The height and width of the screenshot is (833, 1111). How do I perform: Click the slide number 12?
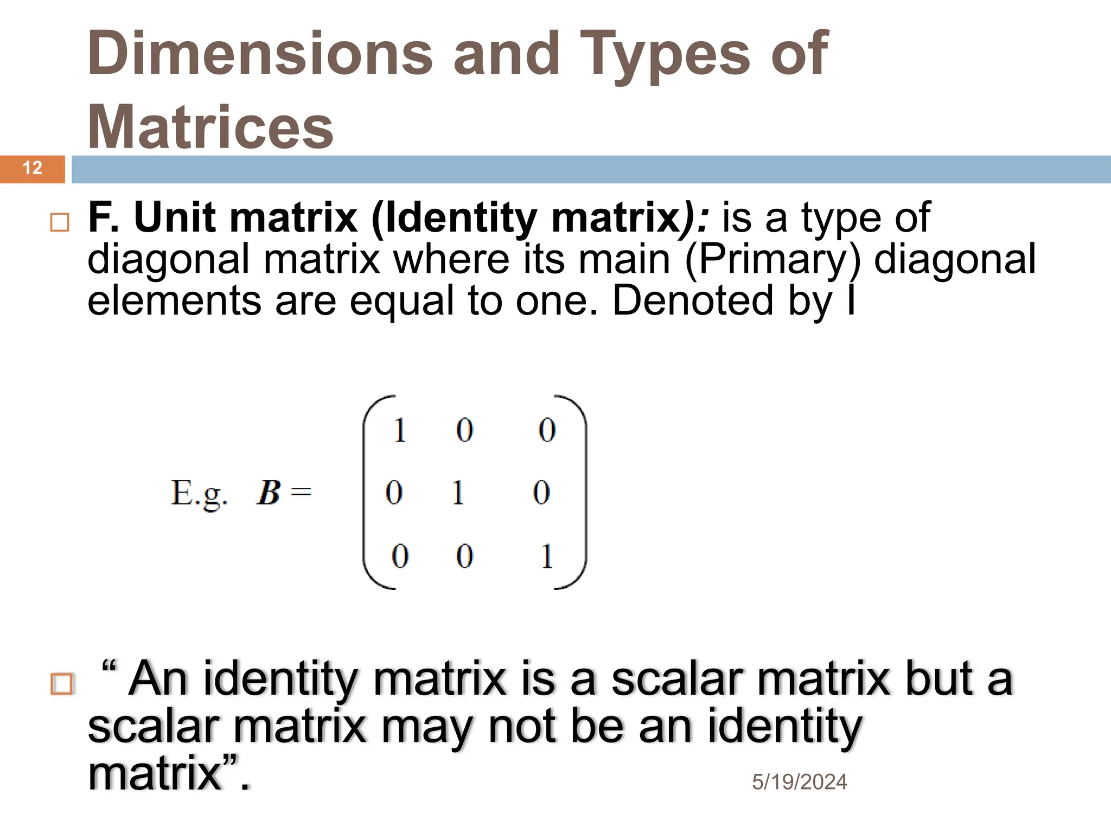[x=33, y=168]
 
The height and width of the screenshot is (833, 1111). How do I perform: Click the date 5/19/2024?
[x=799, y=782]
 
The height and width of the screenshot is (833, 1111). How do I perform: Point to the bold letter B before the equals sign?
[x=269, y=492]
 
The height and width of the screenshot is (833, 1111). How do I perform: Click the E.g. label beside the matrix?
[x=199, y=494]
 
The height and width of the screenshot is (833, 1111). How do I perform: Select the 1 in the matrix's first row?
[x=400, y=431]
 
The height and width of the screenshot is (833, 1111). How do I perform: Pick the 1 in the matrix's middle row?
[x=458, y=493]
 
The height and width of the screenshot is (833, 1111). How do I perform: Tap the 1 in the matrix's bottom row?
[x=547, y=556]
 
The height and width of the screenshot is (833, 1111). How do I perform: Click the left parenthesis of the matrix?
[x=371, y=492]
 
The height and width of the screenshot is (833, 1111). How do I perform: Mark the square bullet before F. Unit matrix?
[x=60, y=222]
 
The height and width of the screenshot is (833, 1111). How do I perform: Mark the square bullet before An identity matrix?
[x=61, y=684]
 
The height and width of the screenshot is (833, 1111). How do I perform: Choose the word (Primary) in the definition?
[x=772, y=259]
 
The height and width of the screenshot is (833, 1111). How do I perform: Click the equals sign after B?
[x=301, y=492]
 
